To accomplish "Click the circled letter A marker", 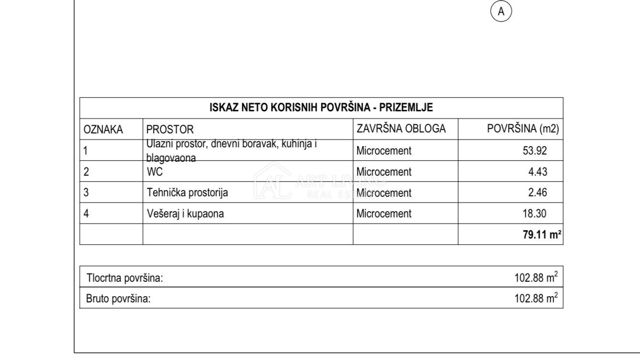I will pos(501,12).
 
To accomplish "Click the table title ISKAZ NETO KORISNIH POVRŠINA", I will pos(321,108).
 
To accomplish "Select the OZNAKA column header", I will pos(103,129).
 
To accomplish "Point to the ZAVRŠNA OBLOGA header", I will pos(401,129).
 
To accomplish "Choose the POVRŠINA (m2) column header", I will pos(523,129).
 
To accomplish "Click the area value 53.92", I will pos(535,151).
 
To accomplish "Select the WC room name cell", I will pos(155,172).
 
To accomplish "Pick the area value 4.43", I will pos(538,172).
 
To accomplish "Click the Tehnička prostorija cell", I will pos(187,193).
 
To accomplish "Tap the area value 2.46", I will pos(538,193).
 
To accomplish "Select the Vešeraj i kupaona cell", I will pos(185,214).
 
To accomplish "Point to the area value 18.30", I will pos(535,214).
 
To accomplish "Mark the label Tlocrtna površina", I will pos(125,278).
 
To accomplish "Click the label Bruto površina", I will pos(119,299).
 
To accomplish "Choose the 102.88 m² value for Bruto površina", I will pos(536,299).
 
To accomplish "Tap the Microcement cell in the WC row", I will pos(384,172).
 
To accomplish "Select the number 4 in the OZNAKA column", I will pos(86,214).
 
